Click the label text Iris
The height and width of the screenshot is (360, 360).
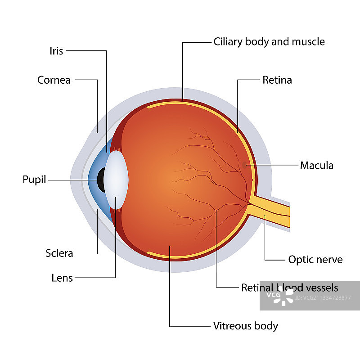click(56, 51)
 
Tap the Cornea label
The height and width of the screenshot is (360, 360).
click(54, 80)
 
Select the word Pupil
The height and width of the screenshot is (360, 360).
click(35, 180)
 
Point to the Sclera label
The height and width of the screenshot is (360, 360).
click(59, 253)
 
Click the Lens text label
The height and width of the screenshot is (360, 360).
click(62, 278)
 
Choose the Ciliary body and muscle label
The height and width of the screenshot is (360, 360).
click(269, 42)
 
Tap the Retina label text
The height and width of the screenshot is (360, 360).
click(277, 80)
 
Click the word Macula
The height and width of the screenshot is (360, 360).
click(317, 166)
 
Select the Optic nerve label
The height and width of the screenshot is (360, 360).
click(315, 260)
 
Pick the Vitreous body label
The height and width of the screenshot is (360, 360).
click(246, 326)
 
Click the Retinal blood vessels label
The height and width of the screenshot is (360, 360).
click(290, 288)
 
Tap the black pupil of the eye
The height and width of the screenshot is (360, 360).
click(102, 180)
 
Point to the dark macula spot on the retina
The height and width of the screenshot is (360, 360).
click(244, 165)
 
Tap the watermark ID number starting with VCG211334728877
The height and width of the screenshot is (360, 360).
click(320, 297)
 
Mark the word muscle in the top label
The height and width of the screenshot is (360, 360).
click(308, 42)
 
